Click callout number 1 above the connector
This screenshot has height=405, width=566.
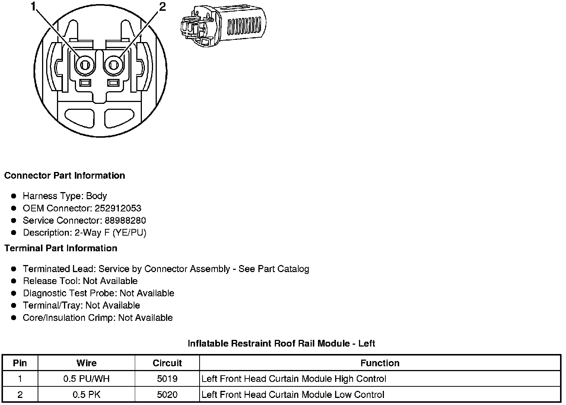click(x=34, y=6)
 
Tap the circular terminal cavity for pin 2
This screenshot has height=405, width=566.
click(x=114, y=66)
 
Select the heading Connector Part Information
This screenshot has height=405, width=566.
click(x=64, y=176)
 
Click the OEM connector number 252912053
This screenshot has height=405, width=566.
click(x=118, y=208)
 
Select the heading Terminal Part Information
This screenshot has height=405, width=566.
click(x=61, y=248)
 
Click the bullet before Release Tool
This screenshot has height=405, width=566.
click(x=14, y=281)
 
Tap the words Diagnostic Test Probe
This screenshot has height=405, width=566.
click(x=70, y=293)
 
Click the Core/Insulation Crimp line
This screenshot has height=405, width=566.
click(x=98, y=318)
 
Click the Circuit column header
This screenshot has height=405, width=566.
click(x=167, y=363)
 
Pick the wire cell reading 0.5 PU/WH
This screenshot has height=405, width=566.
click(x=86, y=379)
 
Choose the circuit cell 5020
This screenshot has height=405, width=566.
click(x=167, y=395)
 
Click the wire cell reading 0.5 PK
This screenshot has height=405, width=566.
click(x=86, y=395)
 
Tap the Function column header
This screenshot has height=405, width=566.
click(x=380, y=363)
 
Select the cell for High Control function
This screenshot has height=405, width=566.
click(x=293, y=379)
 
